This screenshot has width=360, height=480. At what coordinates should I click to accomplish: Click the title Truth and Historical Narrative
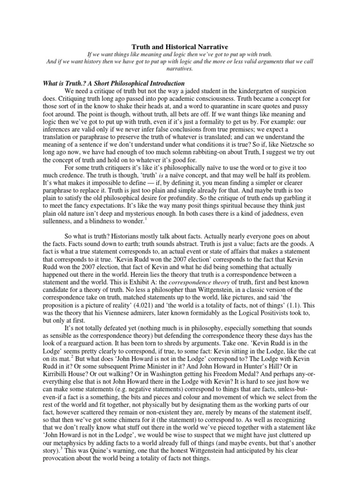180,47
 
